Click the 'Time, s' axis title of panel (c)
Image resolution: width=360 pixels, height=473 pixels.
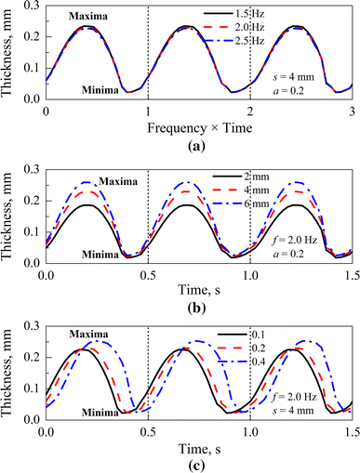click(197, 448)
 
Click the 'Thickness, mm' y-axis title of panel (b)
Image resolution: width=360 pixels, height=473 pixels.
click(10, 217)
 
